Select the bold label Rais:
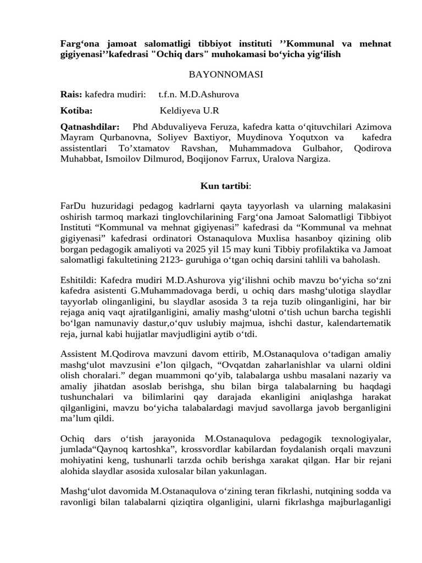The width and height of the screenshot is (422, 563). pyautogui.click(x=71, y=95)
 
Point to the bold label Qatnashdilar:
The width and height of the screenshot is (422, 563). pyautogui.click(x=90, y=127)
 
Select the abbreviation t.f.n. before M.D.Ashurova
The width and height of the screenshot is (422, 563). pyautogui.click(x=170, y=95)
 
